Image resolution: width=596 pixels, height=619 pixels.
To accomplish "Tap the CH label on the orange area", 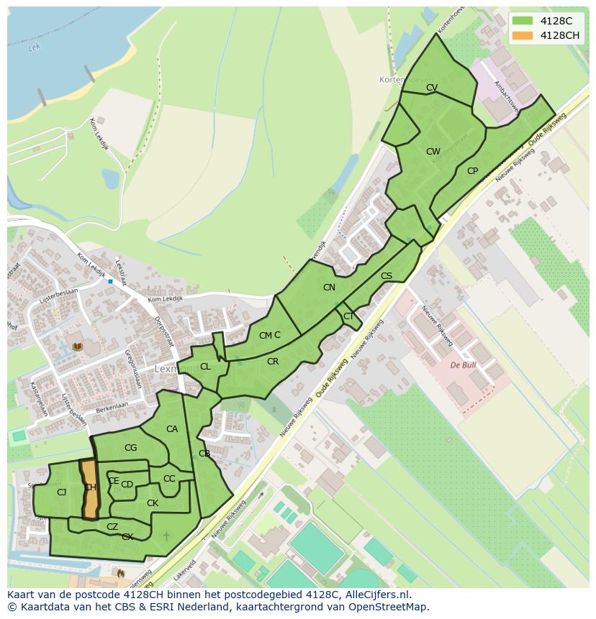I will point(90,487).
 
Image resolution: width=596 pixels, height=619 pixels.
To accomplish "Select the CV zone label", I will point(432,88).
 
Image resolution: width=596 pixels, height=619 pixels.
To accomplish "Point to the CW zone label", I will point(433,152).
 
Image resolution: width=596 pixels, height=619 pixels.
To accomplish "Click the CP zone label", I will point(472,171).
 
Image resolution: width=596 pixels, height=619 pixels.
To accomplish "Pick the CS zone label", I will point(387,276).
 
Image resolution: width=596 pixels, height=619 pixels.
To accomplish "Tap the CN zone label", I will point(329,288).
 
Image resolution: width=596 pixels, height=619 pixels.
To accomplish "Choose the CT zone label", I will point(348,316).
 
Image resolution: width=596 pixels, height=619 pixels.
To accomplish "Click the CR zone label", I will point(273,362).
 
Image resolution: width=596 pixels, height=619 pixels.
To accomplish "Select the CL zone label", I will point(205,367).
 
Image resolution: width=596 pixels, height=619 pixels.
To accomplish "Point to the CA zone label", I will point(172,429).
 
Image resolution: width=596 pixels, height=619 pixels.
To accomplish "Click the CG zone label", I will point(130,448).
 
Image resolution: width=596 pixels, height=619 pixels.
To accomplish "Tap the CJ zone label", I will point(61,492).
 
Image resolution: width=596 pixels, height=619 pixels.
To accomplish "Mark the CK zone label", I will point(153,503).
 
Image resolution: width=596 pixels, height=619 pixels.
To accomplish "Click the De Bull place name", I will point(464,365).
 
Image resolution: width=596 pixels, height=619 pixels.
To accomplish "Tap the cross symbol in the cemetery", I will point(167,536).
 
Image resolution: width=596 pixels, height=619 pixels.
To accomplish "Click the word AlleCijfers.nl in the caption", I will point(375,595).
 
